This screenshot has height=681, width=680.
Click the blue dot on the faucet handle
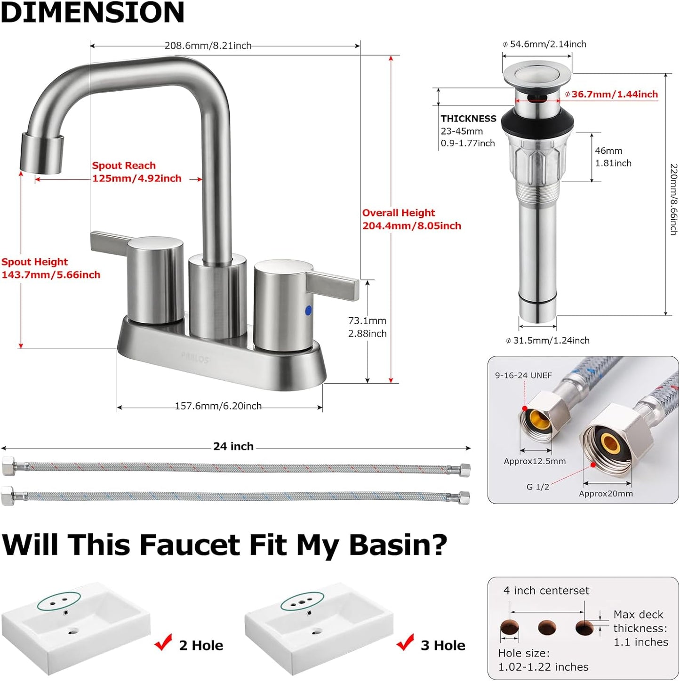(308, 310)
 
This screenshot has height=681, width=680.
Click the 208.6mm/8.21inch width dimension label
(208, 46)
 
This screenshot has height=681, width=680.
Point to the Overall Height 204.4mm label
(411, 219)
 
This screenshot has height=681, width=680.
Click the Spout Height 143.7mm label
(51, 268)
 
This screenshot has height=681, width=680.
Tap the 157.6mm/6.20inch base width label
(218, 406)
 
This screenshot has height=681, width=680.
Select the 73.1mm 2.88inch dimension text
(367, 327)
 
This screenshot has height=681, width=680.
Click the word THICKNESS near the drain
(468, 119)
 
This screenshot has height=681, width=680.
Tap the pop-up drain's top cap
(537, 74)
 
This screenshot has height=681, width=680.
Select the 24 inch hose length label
(233, 446)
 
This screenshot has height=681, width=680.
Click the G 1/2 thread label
(537, 487)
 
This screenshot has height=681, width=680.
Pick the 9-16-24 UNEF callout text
(523, 375)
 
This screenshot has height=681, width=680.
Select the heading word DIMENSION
(93, 12)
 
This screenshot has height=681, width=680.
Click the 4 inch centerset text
(546, 590)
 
